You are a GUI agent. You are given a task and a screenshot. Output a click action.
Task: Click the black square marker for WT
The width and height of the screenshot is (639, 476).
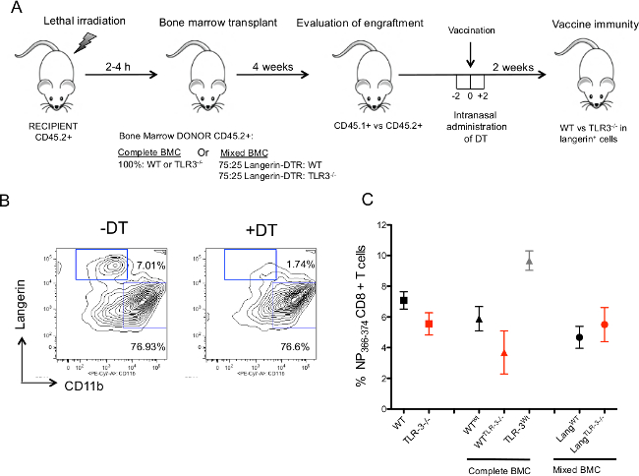pos(403,300)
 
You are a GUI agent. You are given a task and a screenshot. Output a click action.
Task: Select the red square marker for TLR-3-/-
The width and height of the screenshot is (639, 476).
pos(429,324)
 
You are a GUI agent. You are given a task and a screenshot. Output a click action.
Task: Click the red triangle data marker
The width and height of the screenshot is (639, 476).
pos(503,352)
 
